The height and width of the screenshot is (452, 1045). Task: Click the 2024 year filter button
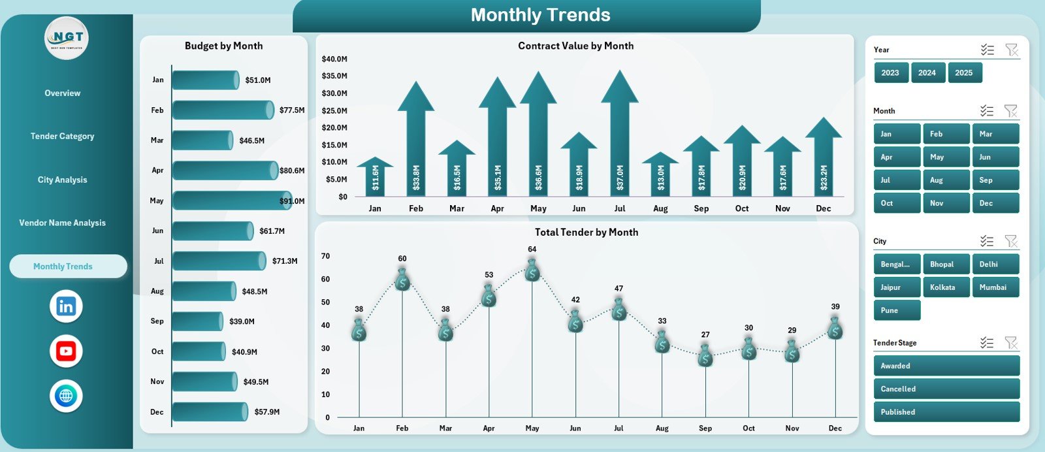tap(927, 73)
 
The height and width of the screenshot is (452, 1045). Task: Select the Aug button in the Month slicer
tap(945, 180)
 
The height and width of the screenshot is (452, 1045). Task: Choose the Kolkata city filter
tap(945, 287)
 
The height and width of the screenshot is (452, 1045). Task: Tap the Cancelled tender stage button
tap(946, 389)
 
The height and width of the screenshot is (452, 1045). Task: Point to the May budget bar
tap(231, 201)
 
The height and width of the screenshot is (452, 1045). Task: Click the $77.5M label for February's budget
tap(291, 110)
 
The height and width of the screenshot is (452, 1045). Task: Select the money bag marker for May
tap(532, 270)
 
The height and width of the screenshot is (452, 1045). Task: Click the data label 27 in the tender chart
tap(705, 334)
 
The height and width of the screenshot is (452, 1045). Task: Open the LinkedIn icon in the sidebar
tap(66, 306)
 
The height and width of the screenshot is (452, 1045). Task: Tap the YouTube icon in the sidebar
tap(66, 351)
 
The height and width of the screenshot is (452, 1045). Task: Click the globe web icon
tap(66, 396)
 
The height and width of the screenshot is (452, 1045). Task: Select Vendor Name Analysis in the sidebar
tap(63, 223)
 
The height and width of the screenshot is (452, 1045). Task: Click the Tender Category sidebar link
tap(63, 137)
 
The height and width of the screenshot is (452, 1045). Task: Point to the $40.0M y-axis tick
tap(334, 59)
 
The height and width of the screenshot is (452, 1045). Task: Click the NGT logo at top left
tap(67, 38)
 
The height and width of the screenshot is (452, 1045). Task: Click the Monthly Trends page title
tap(540, 15)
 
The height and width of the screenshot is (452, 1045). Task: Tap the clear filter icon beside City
tap(1011, 241)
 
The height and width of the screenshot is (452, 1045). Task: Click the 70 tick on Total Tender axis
tap(325, 256)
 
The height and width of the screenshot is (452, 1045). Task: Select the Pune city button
tap(896, 310)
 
